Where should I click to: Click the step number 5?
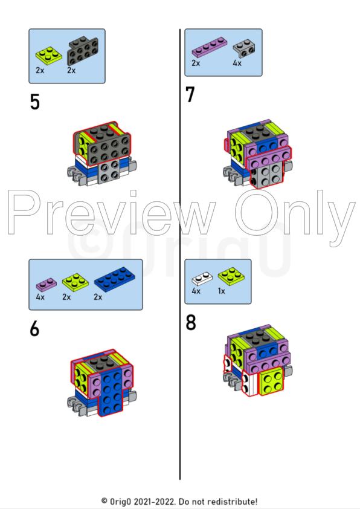point(34,102)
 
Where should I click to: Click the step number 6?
point(34,329)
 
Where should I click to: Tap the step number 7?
point(190,94)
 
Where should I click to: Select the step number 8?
point(191,322)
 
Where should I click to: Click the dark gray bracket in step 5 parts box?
point(83,51)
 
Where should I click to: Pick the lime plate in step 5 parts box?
point(49,54)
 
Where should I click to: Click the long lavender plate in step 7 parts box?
point(210,47)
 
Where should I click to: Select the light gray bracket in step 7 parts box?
point(244,48)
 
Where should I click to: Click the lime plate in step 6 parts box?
point(76,282)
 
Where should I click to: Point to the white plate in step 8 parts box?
point(202,278)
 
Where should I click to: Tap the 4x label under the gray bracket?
point(237,63)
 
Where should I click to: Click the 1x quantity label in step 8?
point(222,291)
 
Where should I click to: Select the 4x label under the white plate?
point(196,291)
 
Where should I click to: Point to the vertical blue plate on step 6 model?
point(111,392)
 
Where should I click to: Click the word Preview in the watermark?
point(111,213)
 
